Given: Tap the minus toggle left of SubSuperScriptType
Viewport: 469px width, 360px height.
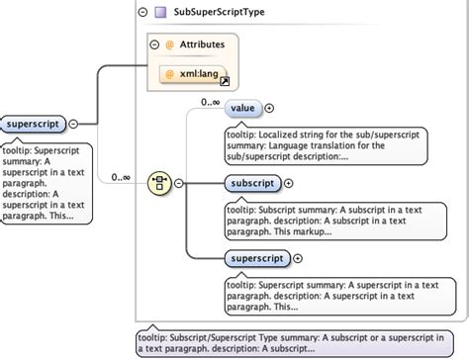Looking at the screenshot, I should click(x=144, y=13).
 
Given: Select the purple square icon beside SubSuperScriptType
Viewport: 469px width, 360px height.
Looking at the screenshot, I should click(x=161, y=13).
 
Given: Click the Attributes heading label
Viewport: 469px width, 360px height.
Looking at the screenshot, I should click(x=202, y=45).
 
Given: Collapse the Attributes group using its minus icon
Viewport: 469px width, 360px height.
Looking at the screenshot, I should click(x=154, y=45).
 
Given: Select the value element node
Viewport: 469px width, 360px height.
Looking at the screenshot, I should click(x=242, y=108).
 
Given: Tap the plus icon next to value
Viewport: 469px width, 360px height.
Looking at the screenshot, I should click(x=269, y=108).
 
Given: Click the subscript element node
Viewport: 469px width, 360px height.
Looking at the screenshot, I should click(x=251, y=183).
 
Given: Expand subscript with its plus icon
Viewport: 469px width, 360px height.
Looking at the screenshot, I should click(x=289, y=183).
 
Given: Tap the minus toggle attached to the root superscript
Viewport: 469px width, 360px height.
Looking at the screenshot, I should click(x=73, y=124).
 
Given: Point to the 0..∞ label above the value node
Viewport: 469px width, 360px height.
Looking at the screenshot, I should click(x=210, y=101).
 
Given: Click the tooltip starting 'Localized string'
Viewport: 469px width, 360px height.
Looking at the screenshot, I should click(x=326, y=144).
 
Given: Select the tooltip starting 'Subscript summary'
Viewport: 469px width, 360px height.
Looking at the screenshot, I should click(x=326, y=219).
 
